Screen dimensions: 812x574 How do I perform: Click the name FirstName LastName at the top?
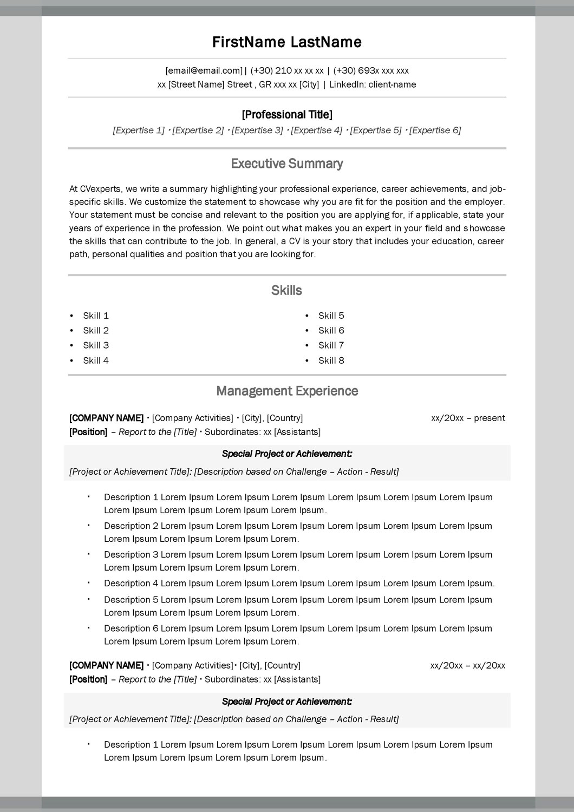pyautogui.click(x=286, y=42)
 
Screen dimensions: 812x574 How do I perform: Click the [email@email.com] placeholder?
pyautogui.click(x=204, y=70)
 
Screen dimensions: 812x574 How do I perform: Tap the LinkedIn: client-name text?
pyautogui.click(x=373, y=84)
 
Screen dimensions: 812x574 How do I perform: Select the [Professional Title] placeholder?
pyautogui.click(x=287, y=114)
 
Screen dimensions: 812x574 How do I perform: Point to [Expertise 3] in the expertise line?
pyautogui.click(x=257, y=130)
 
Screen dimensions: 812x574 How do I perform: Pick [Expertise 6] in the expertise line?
pyautogui.click(x=435, y=130)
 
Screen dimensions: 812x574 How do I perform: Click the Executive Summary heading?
pyautogui.click(x=287, y=163)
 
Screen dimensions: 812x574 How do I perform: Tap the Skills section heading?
pyautogui.click(x=286, y=290)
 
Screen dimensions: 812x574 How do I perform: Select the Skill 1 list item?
pyautogui.click(x=96, y=316)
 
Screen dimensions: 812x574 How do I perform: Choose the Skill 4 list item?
pyautogui.click(x=96, y=361)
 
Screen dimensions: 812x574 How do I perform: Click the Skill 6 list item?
pyautogui.click(x=331, y=330)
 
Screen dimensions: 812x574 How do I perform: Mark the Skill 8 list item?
pyautogui.click(x=331, y=361)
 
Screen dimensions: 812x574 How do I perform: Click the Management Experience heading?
pyautogui.click(x=287, y=391)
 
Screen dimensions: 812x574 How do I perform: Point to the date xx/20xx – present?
pyautogui.click(x=468, y=418)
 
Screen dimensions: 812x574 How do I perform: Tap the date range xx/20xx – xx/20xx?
pyautogui.click(x=467, y=665)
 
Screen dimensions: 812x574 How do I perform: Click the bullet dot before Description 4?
pyautogui.click(x=88, y=582)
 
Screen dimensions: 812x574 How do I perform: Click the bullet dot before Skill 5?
pyautogui.click(x=307, y=316)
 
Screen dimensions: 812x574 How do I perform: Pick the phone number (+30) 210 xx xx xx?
pyautogui.click(x=287, y=70)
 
